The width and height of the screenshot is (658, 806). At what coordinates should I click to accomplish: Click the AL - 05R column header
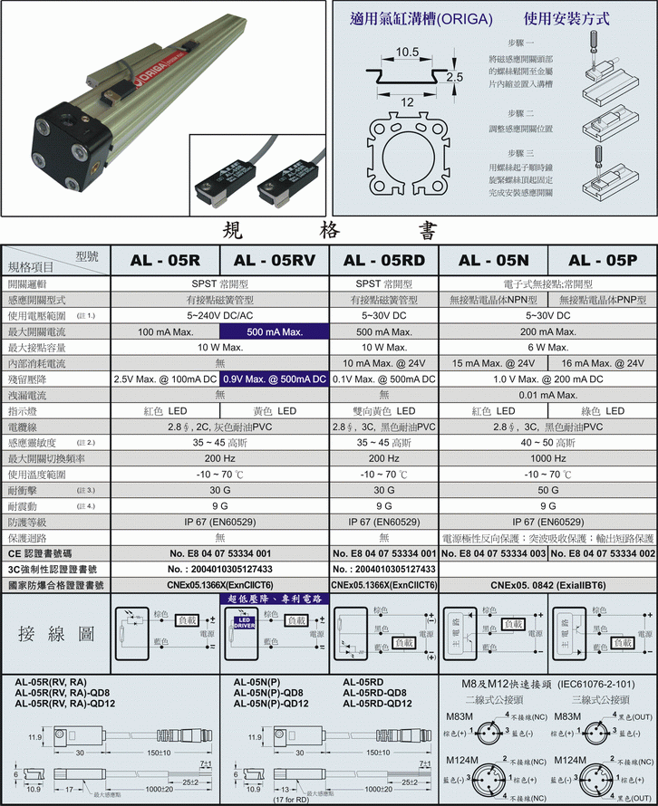tap(165, 260)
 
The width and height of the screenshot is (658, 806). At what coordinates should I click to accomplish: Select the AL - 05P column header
tap(603, 260)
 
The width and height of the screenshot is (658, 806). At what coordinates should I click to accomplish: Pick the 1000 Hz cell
tap(547, 458)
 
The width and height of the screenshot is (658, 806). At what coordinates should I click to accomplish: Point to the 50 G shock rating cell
tap(547, 490)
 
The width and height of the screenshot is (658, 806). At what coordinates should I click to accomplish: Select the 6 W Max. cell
tap(547, 348)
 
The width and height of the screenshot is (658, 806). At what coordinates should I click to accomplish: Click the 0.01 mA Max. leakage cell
tap(547, 395)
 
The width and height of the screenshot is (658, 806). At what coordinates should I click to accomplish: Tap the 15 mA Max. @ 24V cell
tap(493, 363)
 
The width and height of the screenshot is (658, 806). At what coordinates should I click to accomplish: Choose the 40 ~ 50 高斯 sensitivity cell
tap(547, 443)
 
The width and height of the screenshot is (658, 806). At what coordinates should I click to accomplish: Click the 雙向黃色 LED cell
tap(383, 411)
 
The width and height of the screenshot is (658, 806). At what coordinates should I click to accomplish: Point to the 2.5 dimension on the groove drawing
tap(455, 78)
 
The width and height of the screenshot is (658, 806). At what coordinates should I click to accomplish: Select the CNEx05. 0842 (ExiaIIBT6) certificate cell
tap(547, 585)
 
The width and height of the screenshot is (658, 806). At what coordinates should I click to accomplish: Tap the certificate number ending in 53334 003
tap(493, 553)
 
